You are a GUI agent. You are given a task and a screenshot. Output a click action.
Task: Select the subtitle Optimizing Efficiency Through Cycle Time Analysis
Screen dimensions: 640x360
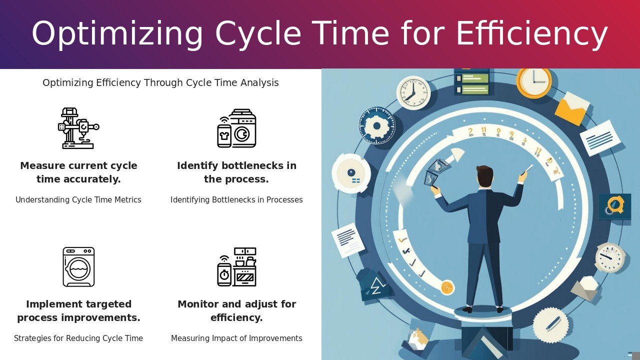click(160, 82)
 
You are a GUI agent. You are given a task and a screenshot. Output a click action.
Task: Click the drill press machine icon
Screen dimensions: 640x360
click(78, 128)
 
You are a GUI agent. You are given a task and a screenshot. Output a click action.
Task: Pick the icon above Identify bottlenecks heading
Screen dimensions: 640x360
click(236, 128)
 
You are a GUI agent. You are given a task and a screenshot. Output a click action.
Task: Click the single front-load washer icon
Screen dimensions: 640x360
click(78, 267)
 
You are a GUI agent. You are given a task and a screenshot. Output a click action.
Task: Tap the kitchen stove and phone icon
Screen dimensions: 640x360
click(236, 267)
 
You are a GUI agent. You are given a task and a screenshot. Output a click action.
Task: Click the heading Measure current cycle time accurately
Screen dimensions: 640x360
click(78, 172)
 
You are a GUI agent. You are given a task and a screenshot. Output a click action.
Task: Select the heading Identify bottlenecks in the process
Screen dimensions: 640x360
click(236, 172)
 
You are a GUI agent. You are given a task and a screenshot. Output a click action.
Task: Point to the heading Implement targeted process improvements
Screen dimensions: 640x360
click(78, 310)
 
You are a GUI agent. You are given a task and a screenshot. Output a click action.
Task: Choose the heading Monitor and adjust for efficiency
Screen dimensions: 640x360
click(236, 310)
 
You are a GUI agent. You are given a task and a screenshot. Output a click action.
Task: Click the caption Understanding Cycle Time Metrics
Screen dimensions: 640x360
click(78, 199)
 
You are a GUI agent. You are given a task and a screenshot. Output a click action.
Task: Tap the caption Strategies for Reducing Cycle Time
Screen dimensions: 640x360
click(78, 338)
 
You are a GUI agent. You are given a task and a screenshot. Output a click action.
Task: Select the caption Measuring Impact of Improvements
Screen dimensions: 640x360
click(236, 338)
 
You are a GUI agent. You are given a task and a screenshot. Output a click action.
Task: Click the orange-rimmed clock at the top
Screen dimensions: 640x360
click(534, 81)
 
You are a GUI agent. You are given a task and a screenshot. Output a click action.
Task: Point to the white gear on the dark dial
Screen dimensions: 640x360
click(376, 125)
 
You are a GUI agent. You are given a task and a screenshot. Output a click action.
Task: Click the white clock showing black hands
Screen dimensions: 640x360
click(413, 93)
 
